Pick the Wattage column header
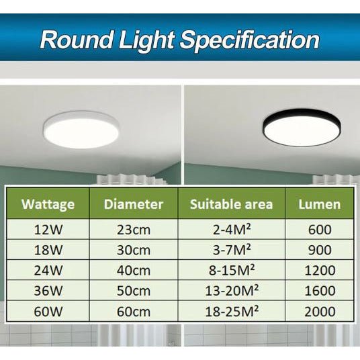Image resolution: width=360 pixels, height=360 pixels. (x=48, y=204)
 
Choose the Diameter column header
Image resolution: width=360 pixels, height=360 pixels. (x=134, y=204)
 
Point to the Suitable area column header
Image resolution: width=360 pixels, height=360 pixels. (x=231, y=204)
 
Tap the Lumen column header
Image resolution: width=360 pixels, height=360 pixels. (x=320, y=204)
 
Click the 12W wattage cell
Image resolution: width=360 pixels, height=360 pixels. (x=48, y=230)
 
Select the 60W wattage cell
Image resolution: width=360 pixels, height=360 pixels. (x=48, y=312)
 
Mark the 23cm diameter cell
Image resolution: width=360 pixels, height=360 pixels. (x=134, y=230)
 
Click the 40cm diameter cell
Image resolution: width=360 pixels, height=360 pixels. (x=134, y=271)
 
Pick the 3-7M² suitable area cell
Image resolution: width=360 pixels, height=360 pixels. (x=231, y=251)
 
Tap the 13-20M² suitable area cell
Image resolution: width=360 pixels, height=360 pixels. (x=231, y=291)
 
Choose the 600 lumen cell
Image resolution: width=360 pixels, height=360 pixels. (x=320, y=230)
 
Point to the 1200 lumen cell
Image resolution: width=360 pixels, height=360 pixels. (x=320, y=271)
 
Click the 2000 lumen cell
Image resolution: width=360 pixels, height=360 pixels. (x=320, y=312)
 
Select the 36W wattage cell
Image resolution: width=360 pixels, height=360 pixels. (x=48, y=291)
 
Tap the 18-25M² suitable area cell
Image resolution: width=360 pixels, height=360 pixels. (x=231, y=312)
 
